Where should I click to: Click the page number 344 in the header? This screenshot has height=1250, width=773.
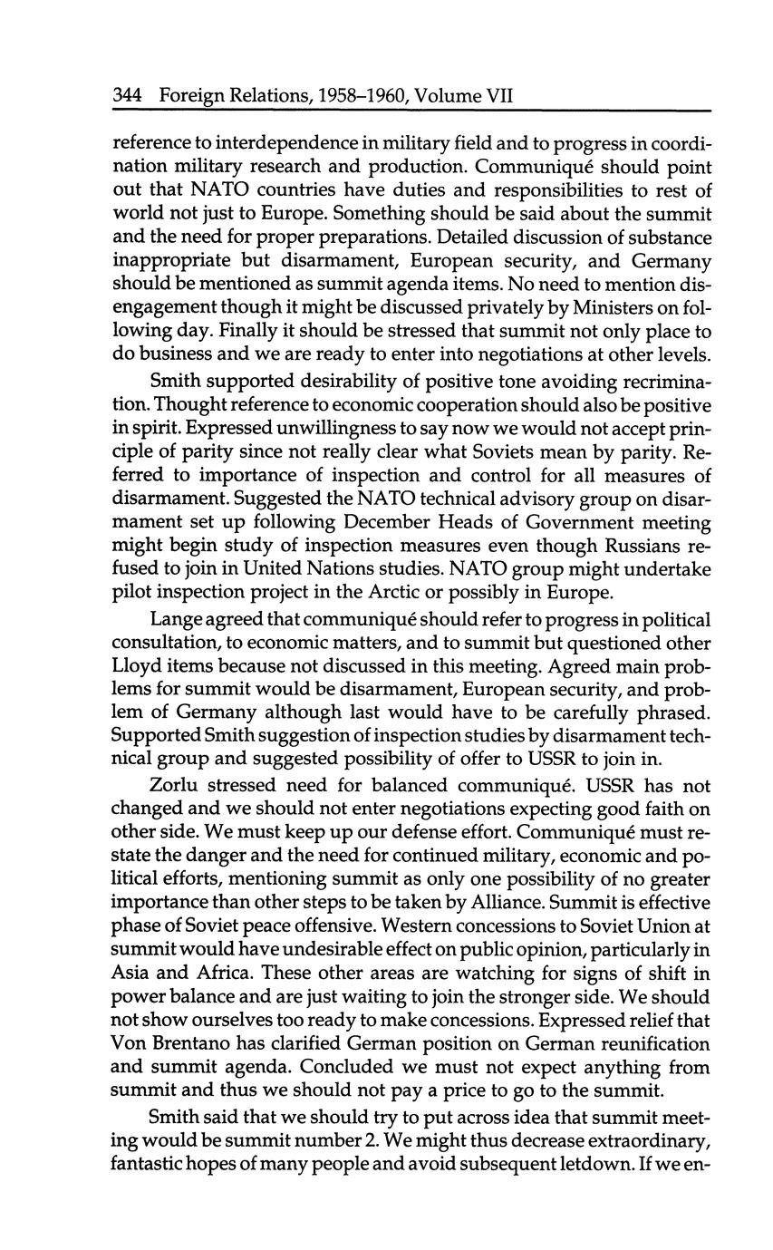click(x=130, y=94)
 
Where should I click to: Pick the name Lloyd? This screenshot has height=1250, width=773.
click(x=136, y=666)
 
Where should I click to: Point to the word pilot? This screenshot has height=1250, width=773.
click(x=131, y=593)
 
